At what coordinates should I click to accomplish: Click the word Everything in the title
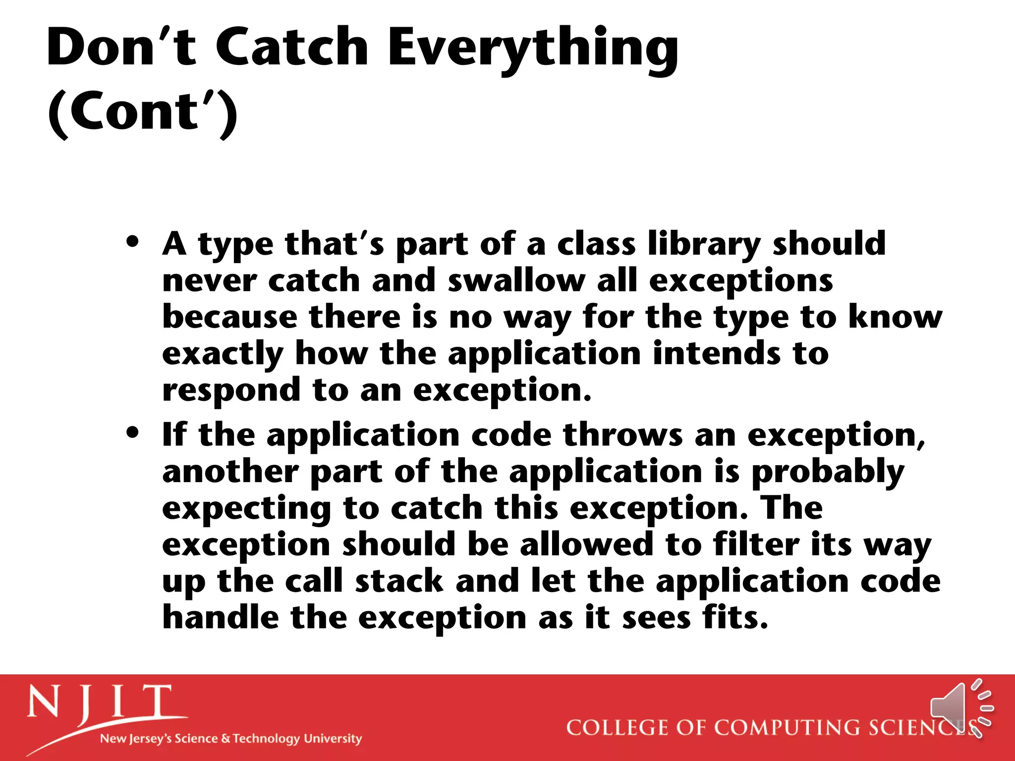click(532, 48)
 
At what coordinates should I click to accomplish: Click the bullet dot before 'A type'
click(132, 242)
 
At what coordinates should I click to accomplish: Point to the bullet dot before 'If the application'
click(132, 433)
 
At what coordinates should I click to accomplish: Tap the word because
click(230, 317)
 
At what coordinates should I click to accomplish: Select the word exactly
click(223, 354)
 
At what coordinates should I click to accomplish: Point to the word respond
click(231, 391)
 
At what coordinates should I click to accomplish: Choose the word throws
click(622, 435)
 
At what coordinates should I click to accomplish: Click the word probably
click(828, 472)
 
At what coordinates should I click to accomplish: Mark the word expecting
click(247, 509)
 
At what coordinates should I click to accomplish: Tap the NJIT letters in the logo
click(100, 702)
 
